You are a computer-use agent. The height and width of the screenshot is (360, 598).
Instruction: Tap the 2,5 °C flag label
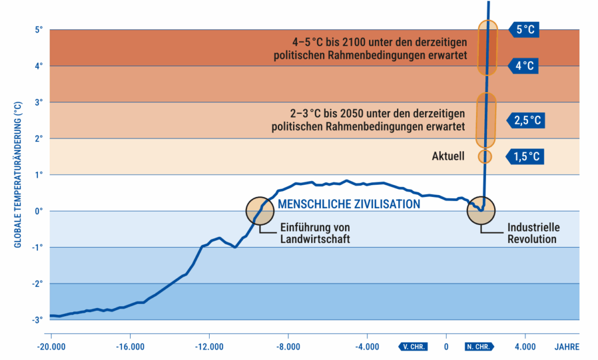[x=527, y=121]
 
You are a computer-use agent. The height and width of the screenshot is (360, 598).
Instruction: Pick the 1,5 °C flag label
[x=527, y=156]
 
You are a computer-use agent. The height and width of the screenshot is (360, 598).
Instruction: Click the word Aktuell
[x=448, y=156]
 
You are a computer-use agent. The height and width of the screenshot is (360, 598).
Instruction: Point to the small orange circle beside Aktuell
[x=485, y=157]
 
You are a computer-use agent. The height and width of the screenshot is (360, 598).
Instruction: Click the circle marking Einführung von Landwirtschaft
[x=260, y=210]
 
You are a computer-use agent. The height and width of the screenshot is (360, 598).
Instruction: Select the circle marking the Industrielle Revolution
[x=481, y=210]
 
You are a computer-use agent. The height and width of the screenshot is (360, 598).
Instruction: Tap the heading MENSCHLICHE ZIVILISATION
[x=349, y=204]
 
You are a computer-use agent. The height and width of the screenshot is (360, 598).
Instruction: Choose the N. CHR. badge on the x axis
[x=478, y=346]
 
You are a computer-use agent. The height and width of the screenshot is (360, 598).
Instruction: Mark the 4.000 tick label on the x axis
[x=525, y=346]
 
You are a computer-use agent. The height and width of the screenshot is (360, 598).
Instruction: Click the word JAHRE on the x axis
[x=566, y=346]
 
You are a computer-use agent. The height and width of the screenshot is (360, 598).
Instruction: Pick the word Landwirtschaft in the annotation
[x=315, y=238]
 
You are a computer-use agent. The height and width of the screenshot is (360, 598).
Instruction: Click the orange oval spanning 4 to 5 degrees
[x=487, y=48]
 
